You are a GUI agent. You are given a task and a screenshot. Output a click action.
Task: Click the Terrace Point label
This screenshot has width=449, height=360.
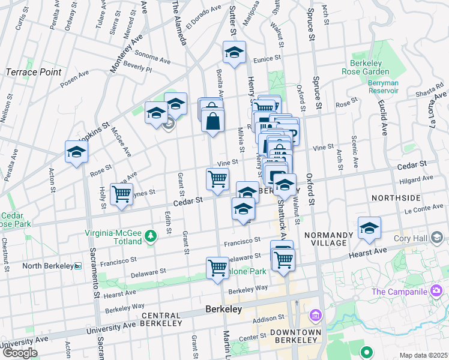click(x=34, y=72)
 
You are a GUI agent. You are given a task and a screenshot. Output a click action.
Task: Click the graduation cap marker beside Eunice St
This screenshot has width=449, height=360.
click(x=234, y=52)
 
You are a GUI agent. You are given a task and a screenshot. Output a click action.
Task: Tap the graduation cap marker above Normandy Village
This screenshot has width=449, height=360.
click(x=369, y=227)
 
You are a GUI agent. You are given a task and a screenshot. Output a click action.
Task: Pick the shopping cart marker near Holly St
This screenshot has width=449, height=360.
click(x=122, y=194)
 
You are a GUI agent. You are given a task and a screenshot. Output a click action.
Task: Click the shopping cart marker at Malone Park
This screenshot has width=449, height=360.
click(x=217, y=268)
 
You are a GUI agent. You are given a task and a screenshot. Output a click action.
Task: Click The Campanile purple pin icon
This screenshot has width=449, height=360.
click(x=436, y=292)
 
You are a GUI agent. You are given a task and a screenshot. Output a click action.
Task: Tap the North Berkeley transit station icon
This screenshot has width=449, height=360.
click(x=78, y=266)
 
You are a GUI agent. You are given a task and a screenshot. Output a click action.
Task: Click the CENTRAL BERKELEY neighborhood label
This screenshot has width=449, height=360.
click(x=161, y=319)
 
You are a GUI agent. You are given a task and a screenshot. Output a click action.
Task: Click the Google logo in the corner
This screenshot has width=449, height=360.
click(x=20, y=353)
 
